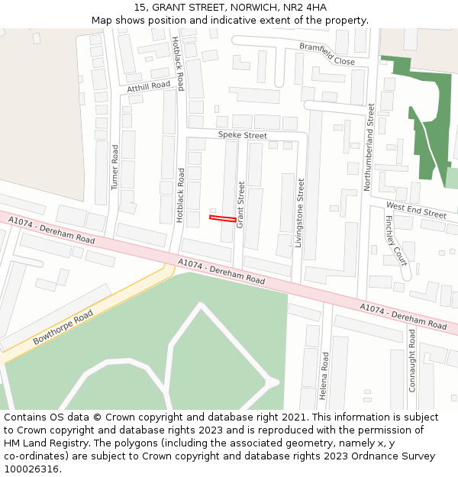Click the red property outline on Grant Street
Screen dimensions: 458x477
tap(222, 219)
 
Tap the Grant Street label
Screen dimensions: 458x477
tap(240, 205)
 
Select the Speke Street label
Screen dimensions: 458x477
tap(243, 135)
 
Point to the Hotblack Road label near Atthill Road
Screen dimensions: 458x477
tap(178, 63)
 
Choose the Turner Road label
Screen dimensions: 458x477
tap(115, 167)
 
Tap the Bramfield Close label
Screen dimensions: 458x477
tap(327, 53)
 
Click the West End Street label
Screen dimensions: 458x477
tap(416, 210)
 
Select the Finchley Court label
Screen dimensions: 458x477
tap(395, 240)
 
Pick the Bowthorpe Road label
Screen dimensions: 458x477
tap(63, 327)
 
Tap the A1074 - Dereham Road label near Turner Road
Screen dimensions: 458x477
tap(51, 229)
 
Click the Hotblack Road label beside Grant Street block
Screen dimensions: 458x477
tap(181, 195)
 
